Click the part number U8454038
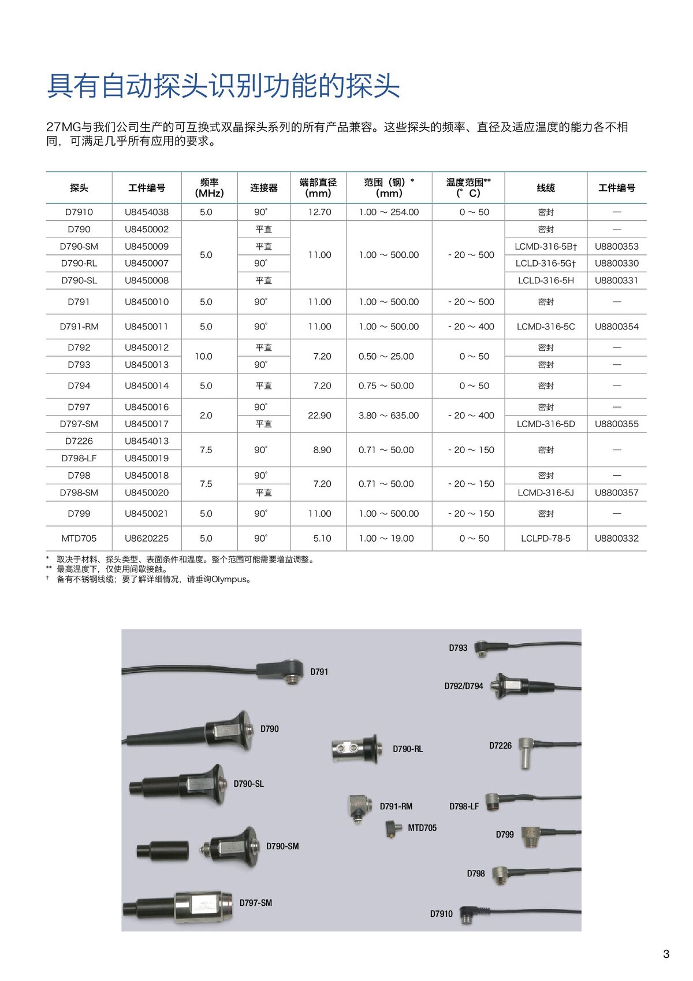147,212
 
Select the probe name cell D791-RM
79,327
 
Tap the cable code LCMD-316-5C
546,327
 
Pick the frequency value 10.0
203,356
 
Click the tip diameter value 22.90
319,416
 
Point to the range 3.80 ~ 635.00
389,416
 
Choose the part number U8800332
617,538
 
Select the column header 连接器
264,188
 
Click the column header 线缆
546,188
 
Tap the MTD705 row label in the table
79,538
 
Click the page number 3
666,954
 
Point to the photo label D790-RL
408,749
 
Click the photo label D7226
500,746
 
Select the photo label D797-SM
256,903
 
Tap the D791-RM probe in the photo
360,806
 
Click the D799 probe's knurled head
530,836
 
